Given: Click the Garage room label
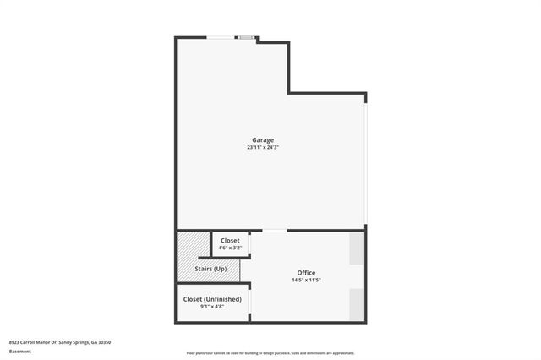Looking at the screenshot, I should pos(263,139).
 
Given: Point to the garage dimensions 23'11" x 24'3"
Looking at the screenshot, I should pos(263,148).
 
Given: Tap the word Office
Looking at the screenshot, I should pos(306,272).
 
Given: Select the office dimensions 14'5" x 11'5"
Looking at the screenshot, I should pos(306,281).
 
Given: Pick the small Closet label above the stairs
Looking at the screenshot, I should pos(230,241).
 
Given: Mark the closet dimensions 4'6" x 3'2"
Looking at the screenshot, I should pos(230,248).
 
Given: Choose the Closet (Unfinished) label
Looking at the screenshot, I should pos(212,299).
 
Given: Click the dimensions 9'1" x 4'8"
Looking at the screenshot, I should pos(212,308).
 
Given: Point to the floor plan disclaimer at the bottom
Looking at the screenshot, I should pos(270,353).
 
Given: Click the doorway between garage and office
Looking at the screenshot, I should pos(274,230).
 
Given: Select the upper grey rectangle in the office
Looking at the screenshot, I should pos(358,247).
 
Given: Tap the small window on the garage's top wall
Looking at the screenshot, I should pos(246,37).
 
